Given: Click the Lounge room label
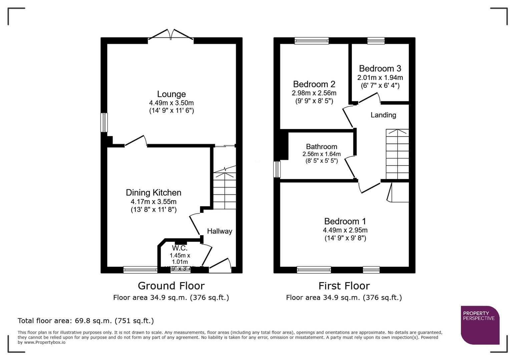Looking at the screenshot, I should [171, 94].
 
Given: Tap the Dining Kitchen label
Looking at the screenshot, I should [153, 193].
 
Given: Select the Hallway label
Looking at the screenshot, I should [219, 231].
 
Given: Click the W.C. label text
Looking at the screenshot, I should [179, 248].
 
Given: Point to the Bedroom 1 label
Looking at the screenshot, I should [345, 221].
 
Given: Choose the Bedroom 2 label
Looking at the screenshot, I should [314, 84].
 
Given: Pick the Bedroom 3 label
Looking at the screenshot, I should [380, 69].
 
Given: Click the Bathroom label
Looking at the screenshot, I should [322, 147].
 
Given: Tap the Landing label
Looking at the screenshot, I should [383, 115].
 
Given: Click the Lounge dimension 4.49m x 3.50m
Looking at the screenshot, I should [171, 103].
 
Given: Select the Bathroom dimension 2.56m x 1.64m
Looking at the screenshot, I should [322, 154].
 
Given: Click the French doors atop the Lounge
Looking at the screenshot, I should [171, 35].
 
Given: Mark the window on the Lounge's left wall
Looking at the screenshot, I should [104, 122].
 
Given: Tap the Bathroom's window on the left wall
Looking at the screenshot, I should [277, 169].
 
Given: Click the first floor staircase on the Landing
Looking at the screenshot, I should [397, 154].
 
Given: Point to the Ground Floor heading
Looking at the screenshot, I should [171, 286].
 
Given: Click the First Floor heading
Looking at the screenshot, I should [344, 286].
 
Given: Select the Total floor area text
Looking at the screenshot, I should [86, 321].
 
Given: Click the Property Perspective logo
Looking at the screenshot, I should [480, 325].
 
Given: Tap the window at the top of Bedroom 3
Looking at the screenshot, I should [376, 41].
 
